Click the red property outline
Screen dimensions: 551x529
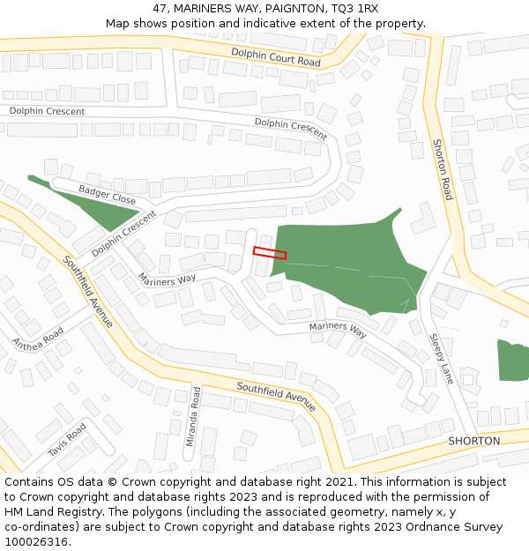(x=270, y=252)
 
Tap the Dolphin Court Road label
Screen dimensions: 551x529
(x=276, y=56)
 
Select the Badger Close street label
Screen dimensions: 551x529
(x=108, y=195)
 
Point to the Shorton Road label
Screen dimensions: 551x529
(x=442, y=169)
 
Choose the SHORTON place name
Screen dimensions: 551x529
(x=473, y=441)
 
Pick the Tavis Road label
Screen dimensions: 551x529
(x=67, y=440)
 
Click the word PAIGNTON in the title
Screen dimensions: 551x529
(x=282, y=9)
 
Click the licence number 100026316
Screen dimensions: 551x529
(x=36, y=541)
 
